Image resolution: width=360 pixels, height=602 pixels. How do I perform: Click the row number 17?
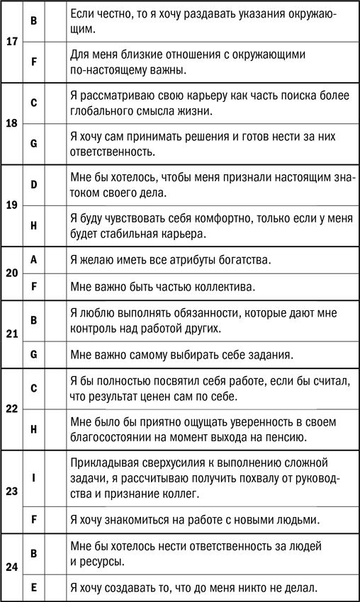(x=11, y=41)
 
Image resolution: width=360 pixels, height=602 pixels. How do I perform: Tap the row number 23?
(x=11, y=491)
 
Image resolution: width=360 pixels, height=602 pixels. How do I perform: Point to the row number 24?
(x=11, y=567)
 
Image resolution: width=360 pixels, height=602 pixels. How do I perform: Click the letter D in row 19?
(x=34, y=185)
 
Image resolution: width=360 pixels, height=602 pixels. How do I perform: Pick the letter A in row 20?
(x=34, y=260)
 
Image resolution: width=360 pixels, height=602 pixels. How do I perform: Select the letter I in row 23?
(x=34, y=477)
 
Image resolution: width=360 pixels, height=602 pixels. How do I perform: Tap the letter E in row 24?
(x=34, y=586)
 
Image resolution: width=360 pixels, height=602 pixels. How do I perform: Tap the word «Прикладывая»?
(x=106, y=463)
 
